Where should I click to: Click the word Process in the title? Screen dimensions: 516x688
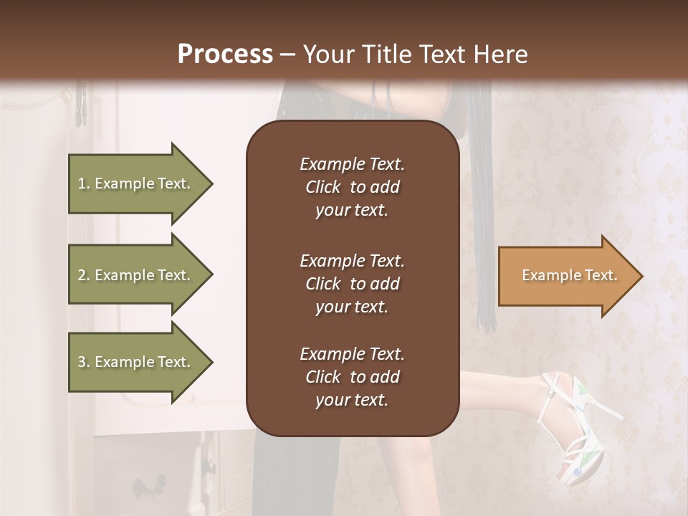(225, 54)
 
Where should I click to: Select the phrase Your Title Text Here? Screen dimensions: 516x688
(415, 54)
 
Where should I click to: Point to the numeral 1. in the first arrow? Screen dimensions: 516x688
(84, 183)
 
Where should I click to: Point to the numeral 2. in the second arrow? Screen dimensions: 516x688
(84, 275)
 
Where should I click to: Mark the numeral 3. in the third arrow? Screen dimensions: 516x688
(84, 362)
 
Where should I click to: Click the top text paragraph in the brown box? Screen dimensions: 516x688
(352, 187)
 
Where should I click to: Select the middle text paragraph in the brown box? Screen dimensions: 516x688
(352, 284)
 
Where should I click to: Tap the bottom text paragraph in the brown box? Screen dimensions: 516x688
(352, 377)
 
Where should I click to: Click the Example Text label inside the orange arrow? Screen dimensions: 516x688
(569, 275)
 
